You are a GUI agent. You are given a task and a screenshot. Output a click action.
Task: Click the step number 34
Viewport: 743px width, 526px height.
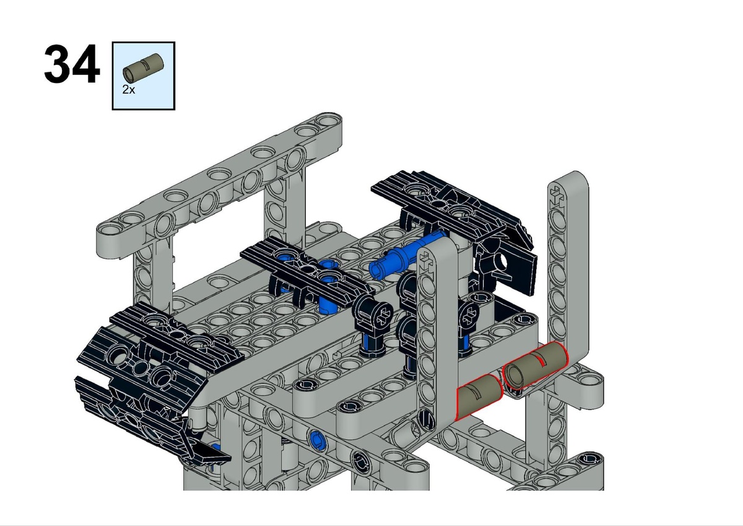coord(72,64)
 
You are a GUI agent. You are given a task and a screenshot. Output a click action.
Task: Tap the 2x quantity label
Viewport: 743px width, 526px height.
coord(129,90)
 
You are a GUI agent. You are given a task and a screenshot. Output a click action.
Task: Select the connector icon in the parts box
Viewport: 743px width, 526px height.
coord(143,67)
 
